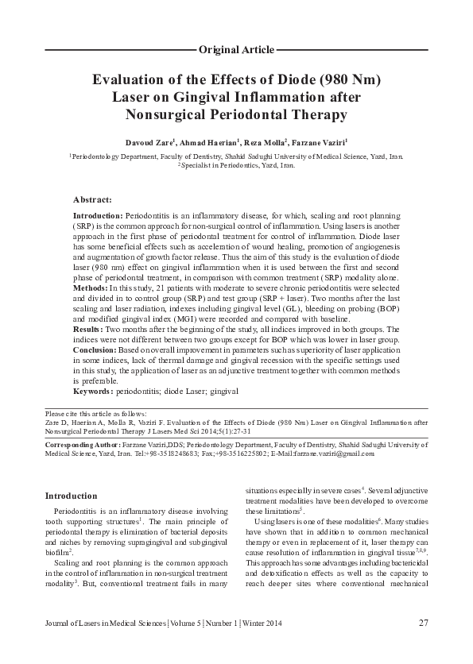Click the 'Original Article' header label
[x=236, y=49]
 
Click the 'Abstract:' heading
[x=92, y=199]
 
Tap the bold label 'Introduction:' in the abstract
[x=98, y=216]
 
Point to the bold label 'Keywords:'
[x=93, y=392]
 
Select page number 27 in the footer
[x=424, y=622]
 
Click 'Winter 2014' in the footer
[x=258, y=623]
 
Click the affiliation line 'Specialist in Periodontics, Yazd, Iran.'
[x=236, y=166]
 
